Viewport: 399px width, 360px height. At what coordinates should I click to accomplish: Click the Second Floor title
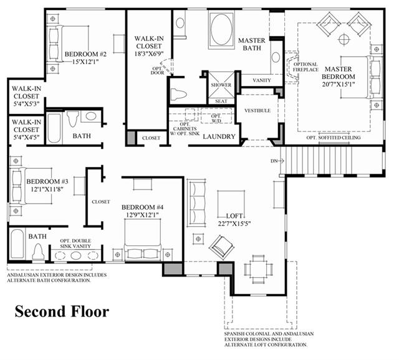[x=62, y=311]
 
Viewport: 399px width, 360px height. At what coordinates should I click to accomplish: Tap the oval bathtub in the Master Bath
[x=221, y=29]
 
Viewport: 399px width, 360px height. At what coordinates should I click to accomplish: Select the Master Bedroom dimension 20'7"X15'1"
[x=339, y=84]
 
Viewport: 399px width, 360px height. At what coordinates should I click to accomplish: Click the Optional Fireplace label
[x=305, y=67]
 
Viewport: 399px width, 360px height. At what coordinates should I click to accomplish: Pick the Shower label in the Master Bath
[x=221, y=85]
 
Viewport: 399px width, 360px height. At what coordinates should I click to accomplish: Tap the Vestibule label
[x=257, y=111]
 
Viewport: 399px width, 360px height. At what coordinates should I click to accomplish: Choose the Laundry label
[x=219, y=136]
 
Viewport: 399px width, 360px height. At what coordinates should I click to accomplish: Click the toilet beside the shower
[x=179, y=93]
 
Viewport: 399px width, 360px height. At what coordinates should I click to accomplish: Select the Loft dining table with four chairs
[x=259, y=269]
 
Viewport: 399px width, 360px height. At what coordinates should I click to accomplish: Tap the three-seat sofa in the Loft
[x=196, y=203]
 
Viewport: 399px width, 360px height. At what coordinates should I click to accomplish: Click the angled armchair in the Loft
[x=222, y=247]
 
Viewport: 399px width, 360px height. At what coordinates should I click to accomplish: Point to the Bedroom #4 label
[x=143, y=207]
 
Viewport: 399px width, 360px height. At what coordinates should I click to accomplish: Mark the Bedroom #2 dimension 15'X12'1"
[x=85, y=62]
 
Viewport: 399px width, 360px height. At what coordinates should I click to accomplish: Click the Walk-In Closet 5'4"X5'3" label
[x=26, y=96]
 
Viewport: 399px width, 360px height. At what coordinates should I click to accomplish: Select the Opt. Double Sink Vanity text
[x=75, y=244]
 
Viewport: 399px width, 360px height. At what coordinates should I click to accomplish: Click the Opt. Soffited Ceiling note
[x=334, y=138]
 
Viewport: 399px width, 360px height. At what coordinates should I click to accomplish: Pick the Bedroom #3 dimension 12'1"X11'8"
[x=47, y=189]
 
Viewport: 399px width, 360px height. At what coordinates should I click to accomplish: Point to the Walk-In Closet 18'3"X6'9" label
[x=149, y=46]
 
